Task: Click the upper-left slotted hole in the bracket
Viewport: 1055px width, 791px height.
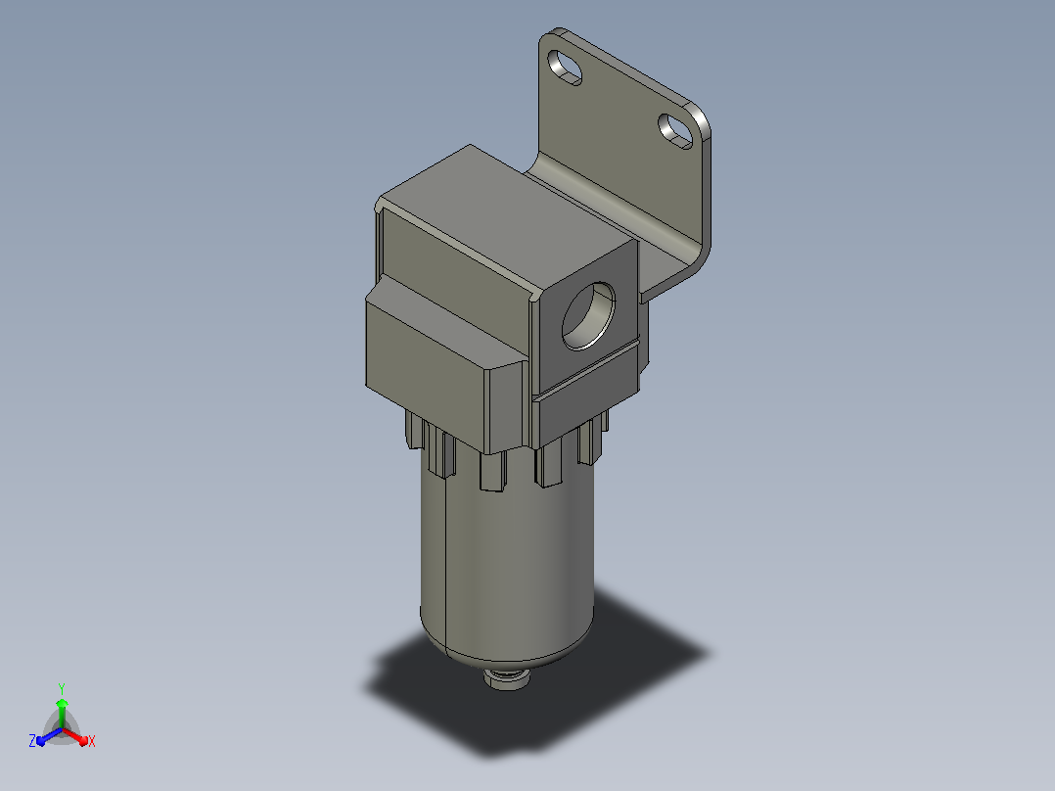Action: pos(565,68)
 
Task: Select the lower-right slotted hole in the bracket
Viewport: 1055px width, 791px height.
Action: pos(675,131)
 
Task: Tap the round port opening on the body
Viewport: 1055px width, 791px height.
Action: pos(588,316)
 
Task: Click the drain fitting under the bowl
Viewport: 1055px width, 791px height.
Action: pos(506,677)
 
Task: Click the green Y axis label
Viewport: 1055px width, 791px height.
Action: pos(62,689)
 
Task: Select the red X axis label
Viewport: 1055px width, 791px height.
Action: pos(92,742)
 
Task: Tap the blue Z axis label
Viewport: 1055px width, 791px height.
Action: pos(32,741)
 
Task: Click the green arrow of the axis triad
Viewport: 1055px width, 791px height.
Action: pos(62,713)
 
